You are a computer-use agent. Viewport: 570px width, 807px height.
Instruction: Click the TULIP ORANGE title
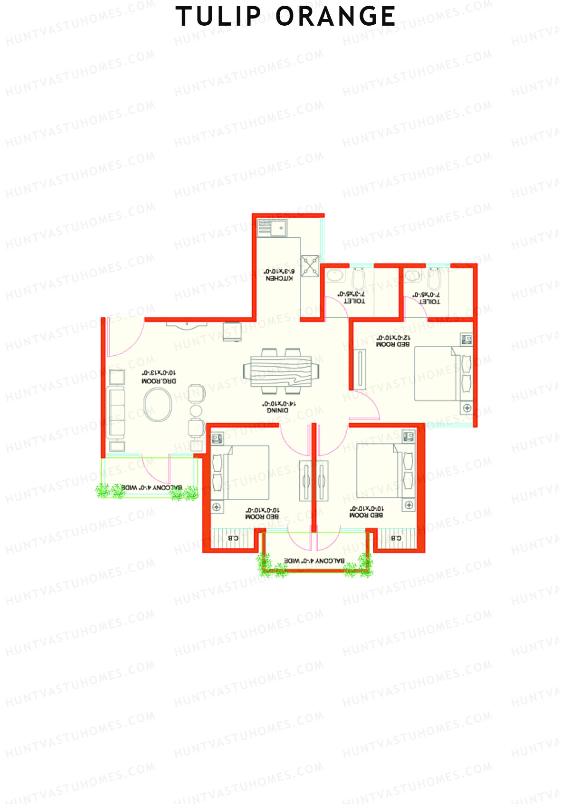[x=285, y=17]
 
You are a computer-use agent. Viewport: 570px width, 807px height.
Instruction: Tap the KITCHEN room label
[x=279, y=278]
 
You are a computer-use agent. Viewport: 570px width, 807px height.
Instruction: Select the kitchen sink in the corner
[x=272, y=228]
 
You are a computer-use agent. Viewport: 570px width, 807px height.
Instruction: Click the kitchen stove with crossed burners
[x=310, y=265]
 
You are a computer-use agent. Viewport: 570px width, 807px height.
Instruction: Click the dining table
[x=277, y=371]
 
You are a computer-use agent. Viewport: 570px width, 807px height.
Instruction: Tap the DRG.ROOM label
[x=158, y=381]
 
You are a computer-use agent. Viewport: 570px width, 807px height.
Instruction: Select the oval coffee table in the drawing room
[x=158, y=405]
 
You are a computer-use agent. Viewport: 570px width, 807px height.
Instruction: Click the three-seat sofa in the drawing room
[x=117, y=412]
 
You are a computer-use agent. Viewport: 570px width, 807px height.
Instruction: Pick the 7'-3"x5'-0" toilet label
[x=354, y=301]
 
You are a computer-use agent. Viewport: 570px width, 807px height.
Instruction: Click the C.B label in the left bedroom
[x=233, y=538]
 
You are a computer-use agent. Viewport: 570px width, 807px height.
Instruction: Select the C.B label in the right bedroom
[x=396, y=538]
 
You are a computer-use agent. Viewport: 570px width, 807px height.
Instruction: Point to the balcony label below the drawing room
[x=152, y=488]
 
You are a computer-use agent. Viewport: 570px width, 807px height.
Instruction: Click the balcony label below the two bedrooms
[x=314, y=561]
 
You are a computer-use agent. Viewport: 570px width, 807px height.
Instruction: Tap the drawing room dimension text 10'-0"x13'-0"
[x=155, y=373]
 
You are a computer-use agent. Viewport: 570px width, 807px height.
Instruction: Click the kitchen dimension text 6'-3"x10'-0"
[x=279, y=271]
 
